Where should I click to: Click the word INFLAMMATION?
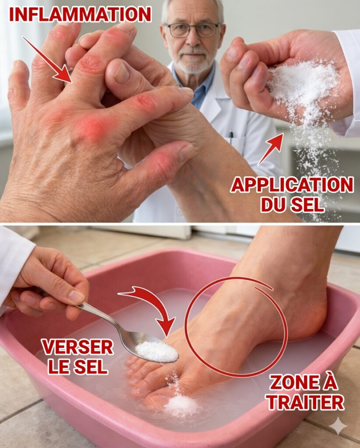(80, 14)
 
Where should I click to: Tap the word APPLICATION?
(292, 185)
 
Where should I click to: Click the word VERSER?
(78, 347)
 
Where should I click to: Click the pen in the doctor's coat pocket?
(231, 137)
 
